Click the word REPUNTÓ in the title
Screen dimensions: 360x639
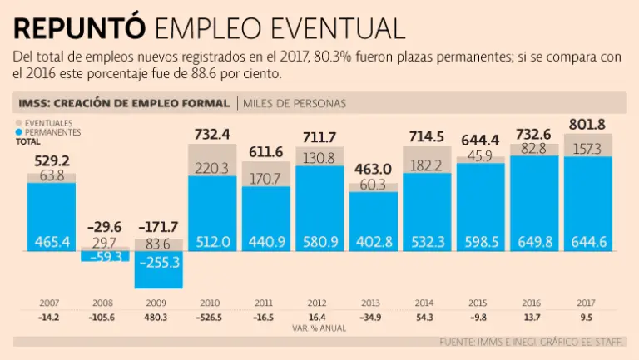[78, 27]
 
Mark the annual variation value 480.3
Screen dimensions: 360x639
[159, 317]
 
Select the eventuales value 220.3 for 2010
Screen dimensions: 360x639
[212, 168]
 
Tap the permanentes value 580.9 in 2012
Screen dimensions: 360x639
[319, 242]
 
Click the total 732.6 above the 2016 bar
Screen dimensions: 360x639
[534, 134]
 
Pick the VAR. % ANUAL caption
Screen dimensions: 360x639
[319, 328]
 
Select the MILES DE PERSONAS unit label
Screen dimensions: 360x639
[295, 103]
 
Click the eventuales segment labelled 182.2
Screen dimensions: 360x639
[427, 165]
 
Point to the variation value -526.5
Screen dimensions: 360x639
[212, 317]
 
